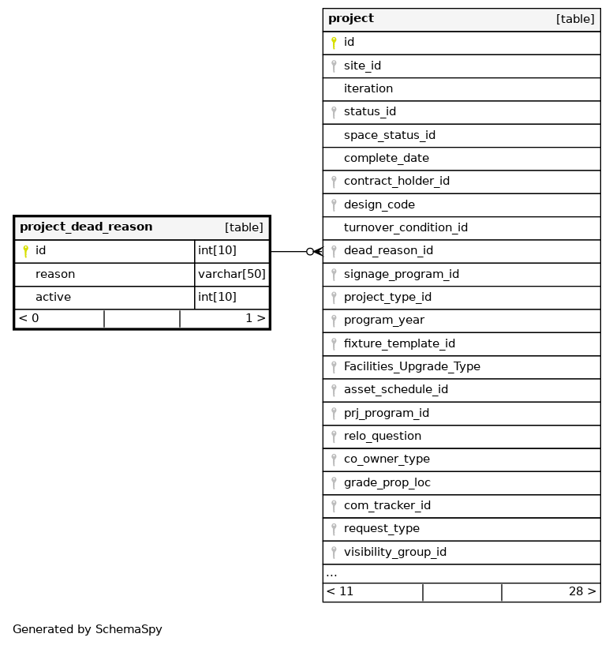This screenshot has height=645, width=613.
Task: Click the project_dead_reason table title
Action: tap(86, 227)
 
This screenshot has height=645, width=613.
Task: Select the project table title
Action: tap(351, 19)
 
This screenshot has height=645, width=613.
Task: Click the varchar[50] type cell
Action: tap(232, 274)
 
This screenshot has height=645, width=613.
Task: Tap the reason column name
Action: tap(55, 274)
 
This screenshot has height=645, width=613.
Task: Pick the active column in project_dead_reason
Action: tap(53, 297)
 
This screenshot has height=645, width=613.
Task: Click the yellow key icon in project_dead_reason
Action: tap(25, 251)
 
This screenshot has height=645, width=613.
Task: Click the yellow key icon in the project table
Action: tap(334, 43)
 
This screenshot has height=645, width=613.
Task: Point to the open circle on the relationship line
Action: tap(310, 251)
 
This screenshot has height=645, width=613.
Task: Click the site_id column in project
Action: tap(362, 66)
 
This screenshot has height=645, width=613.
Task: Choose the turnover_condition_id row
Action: tap(406, 227)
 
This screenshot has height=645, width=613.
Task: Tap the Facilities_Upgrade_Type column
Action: tap(412, 366)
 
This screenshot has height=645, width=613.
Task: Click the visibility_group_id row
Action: tap(394, 552)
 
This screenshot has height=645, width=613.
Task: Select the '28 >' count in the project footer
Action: tap(582, 591)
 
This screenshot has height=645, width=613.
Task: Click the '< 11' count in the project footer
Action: tap(340, 591)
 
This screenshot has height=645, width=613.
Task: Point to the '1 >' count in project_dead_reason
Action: tap(255, 318)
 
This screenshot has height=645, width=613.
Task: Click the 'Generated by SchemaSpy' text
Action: tap(88, 629)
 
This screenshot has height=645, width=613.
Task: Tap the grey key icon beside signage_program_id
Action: tap(334, 274)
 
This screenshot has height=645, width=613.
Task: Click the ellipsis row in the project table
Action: tap(332, 573)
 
